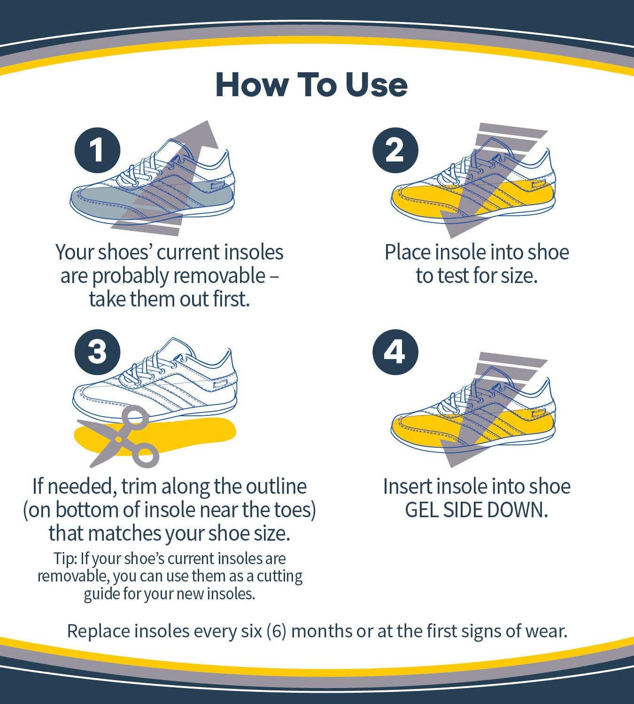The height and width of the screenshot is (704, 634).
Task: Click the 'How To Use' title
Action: pos(311,85)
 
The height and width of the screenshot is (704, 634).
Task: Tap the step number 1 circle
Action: pos(97,151)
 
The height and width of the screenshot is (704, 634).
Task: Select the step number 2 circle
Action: pos(394,151)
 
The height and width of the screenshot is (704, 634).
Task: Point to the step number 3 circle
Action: pos(97,352)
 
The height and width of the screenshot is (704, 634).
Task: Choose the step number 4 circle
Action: pos(394,352)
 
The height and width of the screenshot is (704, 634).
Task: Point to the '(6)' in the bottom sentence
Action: pos(276,631)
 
